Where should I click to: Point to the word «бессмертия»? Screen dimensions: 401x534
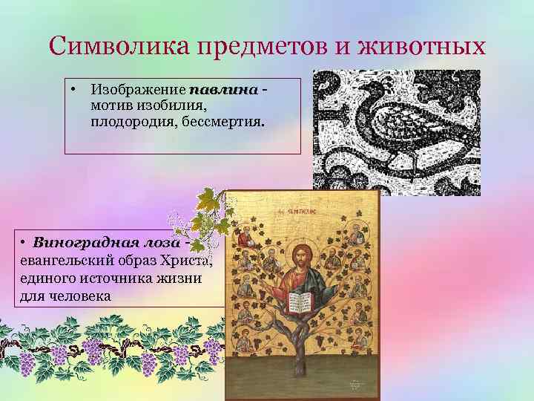point(225,121)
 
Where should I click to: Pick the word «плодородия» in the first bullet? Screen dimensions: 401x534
point(128,121)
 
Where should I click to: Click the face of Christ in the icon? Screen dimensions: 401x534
point(302,255)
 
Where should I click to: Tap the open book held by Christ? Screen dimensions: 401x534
point(300,301)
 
